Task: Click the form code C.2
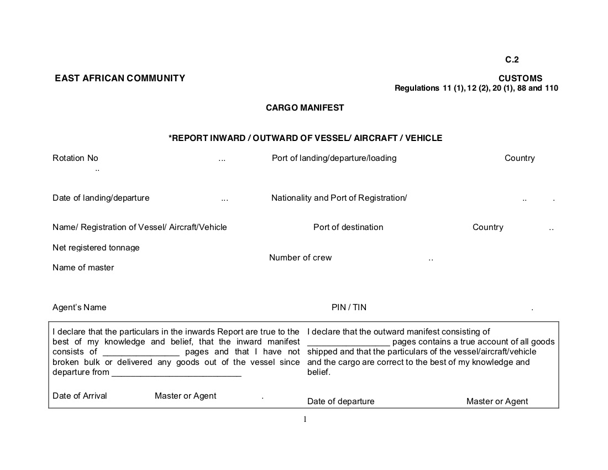click(512, 60)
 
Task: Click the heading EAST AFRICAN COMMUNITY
click(120, 79)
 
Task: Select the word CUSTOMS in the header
click(520, 79)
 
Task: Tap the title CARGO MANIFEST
click(305, 108)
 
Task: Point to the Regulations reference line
click(476, 88)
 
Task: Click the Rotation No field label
click(75, 158)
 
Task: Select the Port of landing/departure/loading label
click(334, 158)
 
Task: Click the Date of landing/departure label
click(101, 198)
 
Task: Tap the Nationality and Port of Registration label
click(339, 198)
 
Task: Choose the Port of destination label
click(348, 227)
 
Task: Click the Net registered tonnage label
click(96, 248)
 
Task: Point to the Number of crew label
click(300, 258)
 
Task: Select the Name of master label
click(83, 268)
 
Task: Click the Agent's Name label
click(80, 307)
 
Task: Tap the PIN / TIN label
click(349, 307)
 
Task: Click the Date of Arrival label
click(80, 396)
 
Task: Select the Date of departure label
click(340, 401)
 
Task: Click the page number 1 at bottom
click(305, 419)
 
